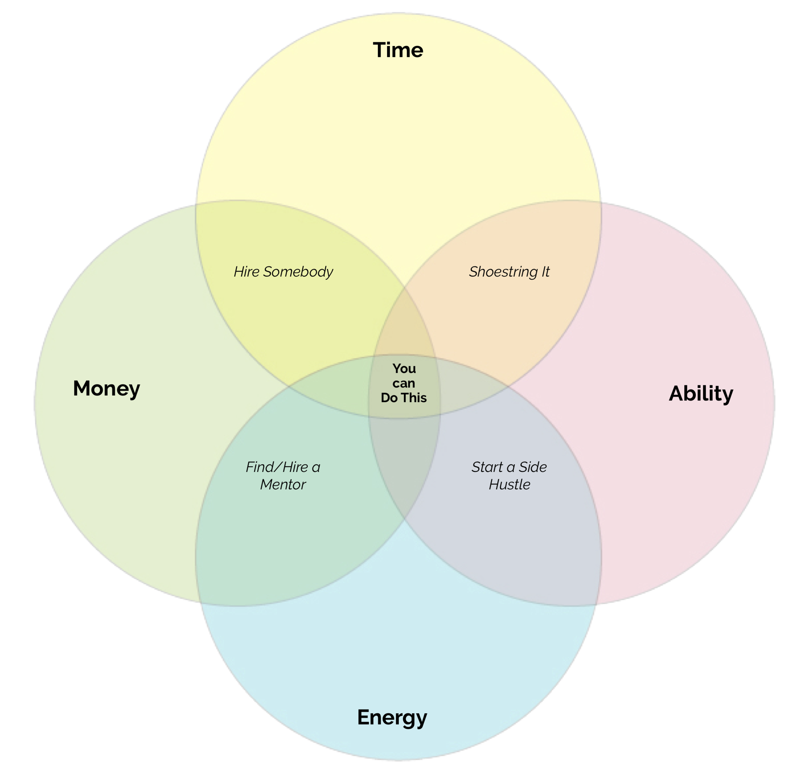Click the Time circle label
pos(398,50)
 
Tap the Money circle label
pos(106,389)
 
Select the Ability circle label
pos(701,394)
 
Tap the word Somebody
pos(298,271)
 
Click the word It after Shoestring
pos(545,271)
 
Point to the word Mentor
pos(283,484)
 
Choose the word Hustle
pos(509,484)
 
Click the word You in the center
pos(404,368)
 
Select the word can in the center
pos(404,383)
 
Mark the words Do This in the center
pos(404,398)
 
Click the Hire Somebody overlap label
pos(283,271)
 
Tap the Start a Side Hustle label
pos(509,476)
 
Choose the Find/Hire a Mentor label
pos(283,476)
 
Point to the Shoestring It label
pos(509,271)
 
